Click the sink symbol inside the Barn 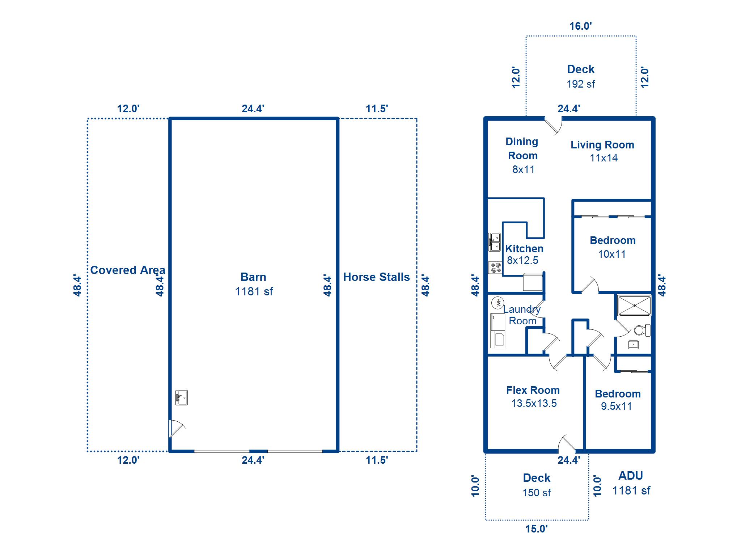(181, 397)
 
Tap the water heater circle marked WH (498, 302)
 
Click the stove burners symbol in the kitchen (495, 268)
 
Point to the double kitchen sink (494, 242)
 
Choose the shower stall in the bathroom (634, 306)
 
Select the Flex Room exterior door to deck (567, 443)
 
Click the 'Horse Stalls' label (376, 277)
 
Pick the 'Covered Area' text (128, 270)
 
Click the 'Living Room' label (602, 145)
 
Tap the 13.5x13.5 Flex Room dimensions (534, 403)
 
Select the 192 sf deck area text (581, 84)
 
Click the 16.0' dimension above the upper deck (580, 26)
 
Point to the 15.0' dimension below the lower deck (536, 529)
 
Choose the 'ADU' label (631, 476)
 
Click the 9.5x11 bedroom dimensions (616, 406)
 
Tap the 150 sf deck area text (537, 493)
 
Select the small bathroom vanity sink (633, 345)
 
